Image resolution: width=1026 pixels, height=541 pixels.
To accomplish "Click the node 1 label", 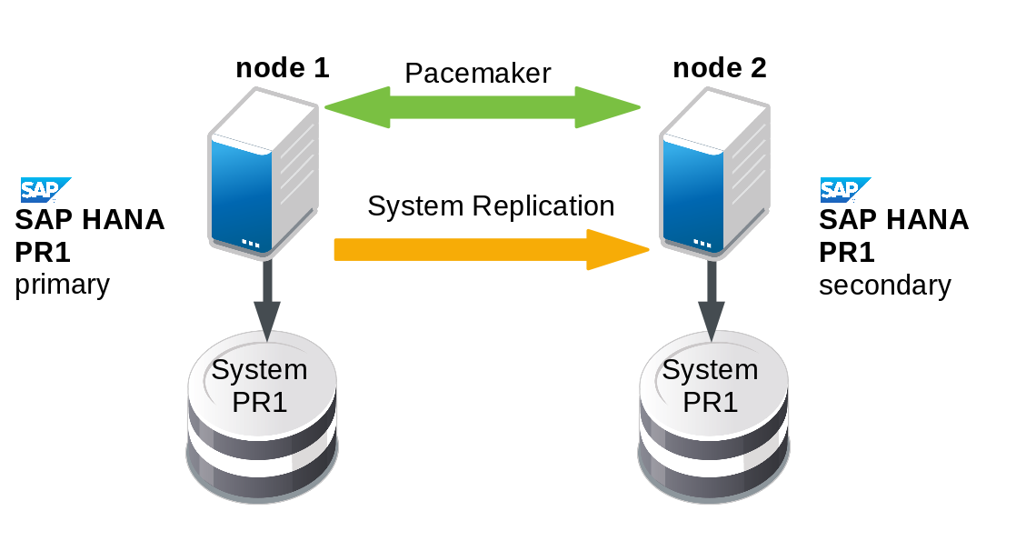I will coord(282,68).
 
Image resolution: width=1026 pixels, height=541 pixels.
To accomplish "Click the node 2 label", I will coord(719,68).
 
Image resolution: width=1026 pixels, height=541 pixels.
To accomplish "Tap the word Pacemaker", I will coord(477,74).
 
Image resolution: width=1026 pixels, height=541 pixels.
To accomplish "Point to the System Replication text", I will coord(491,206).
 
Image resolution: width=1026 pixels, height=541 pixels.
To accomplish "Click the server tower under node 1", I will coord(263,173).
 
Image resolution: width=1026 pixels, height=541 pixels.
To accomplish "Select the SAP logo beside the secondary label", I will coord(845,189).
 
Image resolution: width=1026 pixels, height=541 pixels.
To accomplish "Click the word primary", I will coord(62,286).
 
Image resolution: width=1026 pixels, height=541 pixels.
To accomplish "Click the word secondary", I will coord(884,286).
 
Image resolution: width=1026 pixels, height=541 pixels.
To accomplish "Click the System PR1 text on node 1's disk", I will coord(260,386).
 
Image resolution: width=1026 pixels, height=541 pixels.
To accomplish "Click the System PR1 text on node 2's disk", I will coord(710,386).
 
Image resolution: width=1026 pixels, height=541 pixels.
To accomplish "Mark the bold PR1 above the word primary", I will coord(43,252).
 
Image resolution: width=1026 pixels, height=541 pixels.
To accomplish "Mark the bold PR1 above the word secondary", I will coord(846,252).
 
